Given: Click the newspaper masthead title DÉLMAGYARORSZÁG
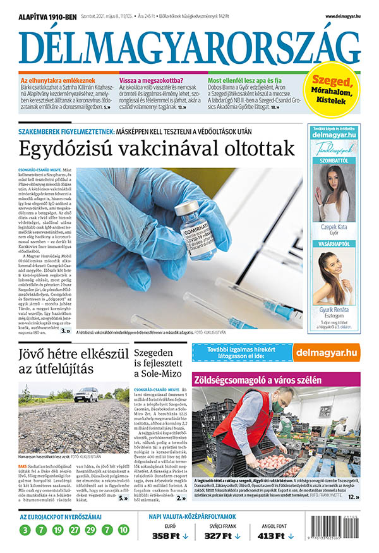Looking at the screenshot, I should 189,46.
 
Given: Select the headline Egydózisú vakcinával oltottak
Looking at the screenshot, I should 157,149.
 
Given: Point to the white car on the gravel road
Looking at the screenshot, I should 87,394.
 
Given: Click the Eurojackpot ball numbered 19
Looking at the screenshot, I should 57,530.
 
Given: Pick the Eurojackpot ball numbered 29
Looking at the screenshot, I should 90,530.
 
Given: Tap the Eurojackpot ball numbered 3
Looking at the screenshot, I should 25,530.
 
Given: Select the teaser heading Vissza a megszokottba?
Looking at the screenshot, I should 152,81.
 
